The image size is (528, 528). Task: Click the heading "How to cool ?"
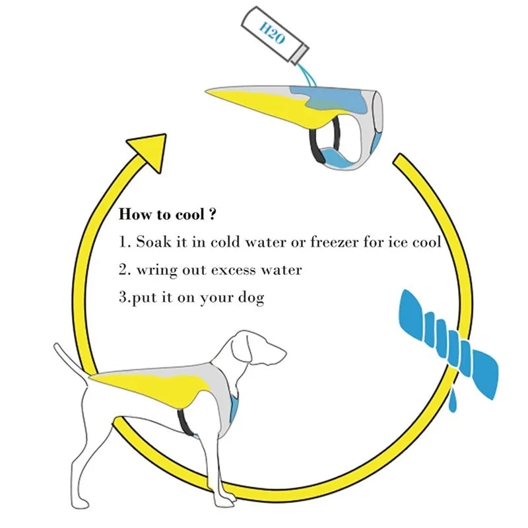168,214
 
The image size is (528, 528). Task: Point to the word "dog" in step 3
251,298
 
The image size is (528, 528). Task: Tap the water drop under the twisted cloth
452,401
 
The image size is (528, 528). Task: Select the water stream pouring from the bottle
308,73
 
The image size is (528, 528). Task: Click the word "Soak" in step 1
152,242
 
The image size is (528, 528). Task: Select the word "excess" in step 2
235,270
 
